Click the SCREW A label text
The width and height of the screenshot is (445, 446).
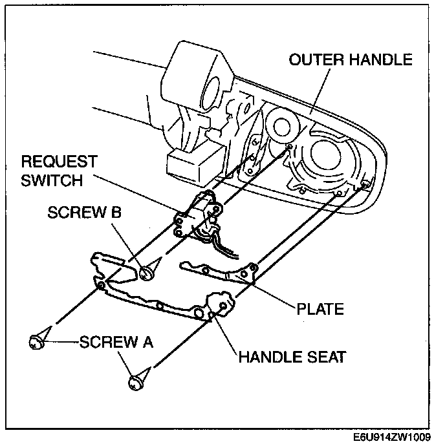coord(116,342)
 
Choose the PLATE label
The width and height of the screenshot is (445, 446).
coord(320,308)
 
